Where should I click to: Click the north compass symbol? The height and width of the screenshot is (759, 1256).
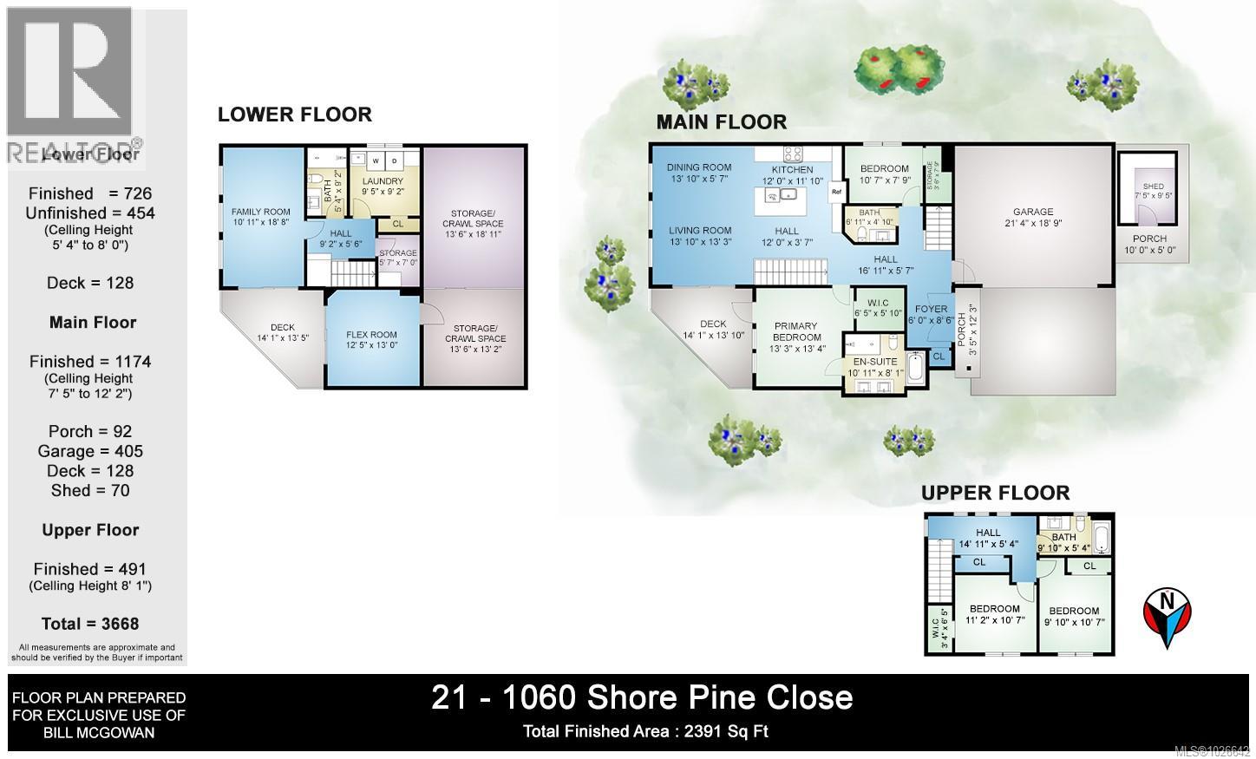[x=1167, y=617]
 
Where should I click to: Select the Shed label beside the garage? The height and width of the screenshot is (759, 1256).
[x=1153, y=186]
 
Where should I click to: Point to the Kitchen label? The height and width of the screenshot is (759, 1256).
[x=793, y=170]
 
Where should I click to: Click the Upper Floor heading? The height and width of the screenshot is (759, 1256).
[x=995, y=493]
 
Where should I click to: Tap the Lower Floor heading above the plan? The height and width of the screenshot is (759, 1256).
[x=295, y=115]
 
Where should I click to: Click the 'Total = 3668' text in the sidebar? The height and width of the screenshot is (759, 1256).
[x=90, y=624]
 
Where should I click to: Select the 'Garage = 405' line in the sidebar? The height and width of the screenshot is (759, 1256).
[x=90, y=451]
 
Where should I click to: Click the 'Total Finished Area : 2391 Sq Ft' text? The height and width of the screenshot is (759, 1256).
[x=645, y=731]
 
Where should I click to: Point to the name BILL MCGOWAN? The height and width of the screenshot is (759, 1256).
[x=98, y=733]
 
